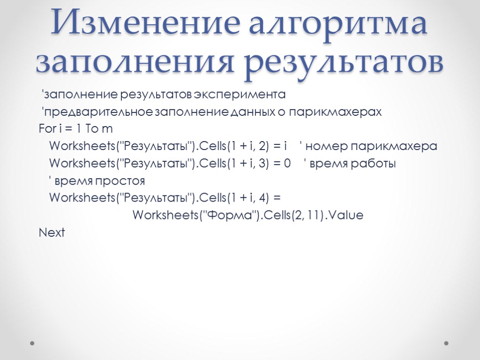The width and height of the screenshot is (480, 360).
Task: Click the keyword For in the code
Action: (46, 129)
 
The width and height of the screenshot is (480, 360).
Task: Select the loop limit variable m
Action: (107, 129)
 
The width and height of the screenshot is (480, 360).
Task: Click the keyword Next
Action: (52, 232)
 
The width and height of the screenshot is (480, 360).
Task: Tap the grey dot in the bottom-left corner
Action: (32, 343)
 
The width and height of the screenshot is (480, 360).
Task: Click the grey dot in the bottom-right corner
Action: (446, 343)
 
